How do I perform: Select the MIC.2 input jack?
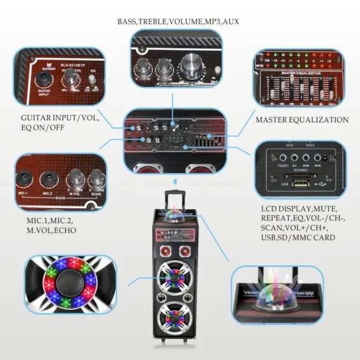[49, 179]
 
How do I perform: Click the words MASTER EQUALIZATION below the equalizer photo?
[302, 120]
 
